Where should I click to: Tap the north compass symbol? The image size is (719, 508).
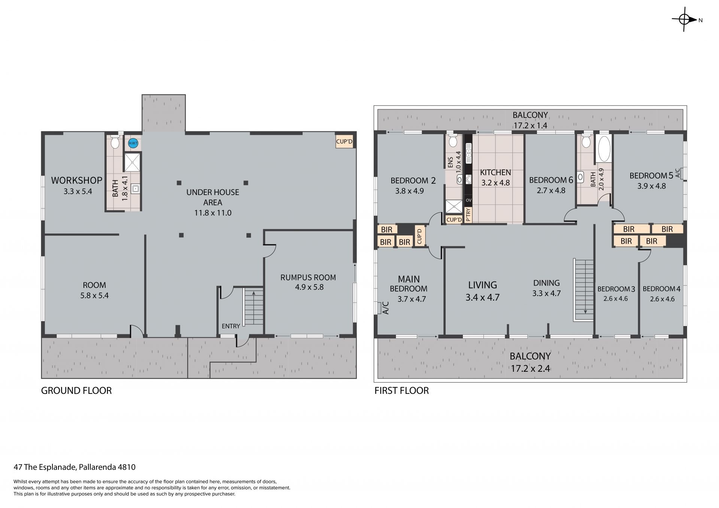[x=685, y=20]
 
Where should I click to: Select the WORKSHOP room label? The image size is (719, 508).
[x=77, y=180]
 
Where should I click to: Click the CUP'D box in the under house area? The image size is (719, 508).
[x=345, y=142]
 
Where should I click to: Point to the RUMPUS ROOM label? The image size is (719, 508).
[x=308, y=277]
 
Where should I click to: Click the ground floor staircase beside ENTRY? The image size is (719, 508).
[x=254, y=307]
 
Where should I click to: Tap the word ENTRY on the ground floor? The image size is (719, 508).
[x=231, y=326]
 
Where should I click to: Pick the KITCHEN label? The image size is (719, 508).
[x=495, y=173]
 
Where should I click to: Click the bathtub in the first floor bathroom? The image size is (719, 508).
[x=604, y=149]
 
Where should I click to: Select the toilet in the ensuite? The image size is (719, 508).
[x=453, y=141]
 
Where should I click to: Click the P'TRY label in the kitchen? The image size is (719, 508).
[x=468, y=215]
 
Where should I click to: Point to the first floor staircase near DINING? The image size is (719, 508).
[x=584, y=290]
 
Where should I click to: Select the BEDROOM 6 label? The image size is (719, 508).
[x=551, y=180]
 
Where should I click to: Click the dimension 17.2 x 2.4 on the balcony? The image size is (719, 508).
[x=530, y=369]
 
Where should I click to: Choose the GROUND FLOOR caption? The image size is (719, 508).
[x=76, y=391]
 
